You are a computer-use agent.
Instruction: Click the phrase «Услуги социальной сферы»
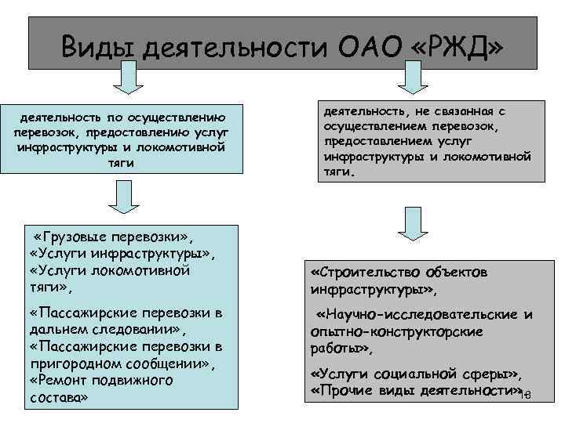tap(415, 374)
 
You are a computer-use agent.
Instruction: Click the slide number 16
tap(527, 395)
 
